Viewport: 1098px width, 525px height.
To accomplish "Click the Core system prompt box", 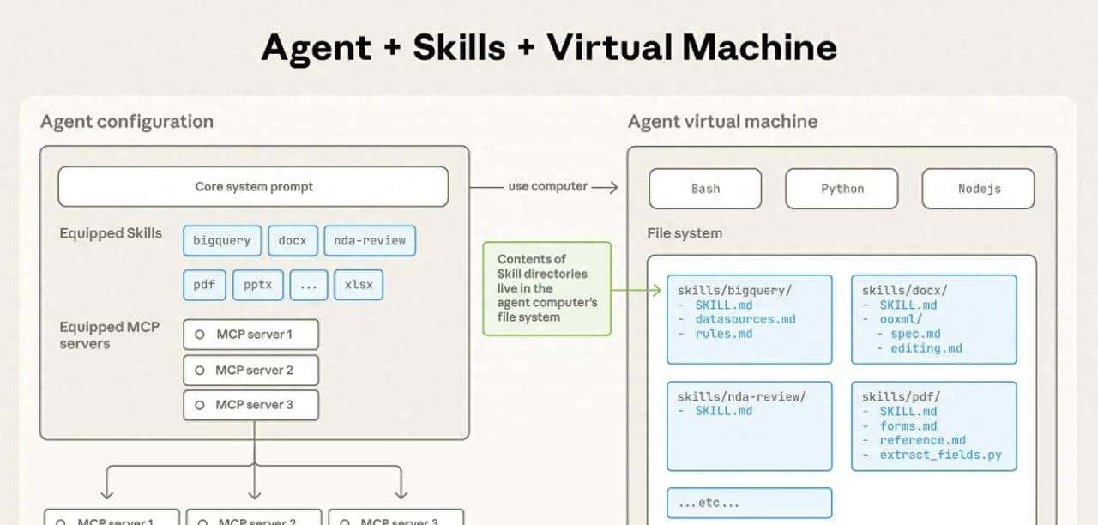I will [x=253, y=187].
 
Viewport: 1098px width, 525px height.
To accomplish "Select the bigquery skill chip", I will [x=221, y=240].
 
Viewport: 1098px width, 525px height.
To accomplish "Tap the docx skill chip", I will [x=293, y=240].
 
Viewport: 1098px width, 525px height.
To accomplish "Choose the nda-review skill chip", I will [x=370, y=240].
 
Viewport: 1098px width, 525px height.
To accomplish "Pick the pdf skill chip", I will [x=204, y=285].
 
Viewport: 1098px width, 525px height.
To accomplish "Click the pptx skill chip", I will [x=258, y=285].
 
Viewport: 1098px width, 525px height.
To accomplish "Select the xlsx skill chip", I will [x=359, y=285].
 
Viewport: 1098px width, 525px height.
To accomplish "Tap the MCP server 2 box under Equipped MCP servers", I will [x=251, y=370].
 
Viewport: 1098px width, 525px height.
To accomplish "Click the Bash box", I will [x=705, y=189].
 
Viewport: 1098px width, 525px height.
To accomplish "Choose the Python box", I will [x=842, y=189].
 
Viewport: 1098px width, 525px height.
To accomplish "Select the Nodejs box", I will [x=979, y=189].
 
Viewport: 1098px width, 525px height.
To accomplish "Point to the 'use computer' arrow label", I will [x=548, y=186].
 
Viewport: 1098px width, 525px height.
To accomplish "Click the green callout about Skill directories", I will [x=547, y=288].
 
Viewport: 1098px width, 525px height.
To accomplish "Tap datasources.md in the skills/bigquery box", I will [x=745, y=319].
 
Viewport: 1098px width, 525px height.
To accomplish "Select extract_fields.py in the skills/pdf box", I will [x=940, y=456].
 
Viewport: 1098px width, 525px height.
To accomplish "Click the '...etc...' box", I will [x=750, y=504].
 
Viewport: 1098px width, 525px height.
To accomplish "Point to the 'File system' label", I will [x=685, y=233].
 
